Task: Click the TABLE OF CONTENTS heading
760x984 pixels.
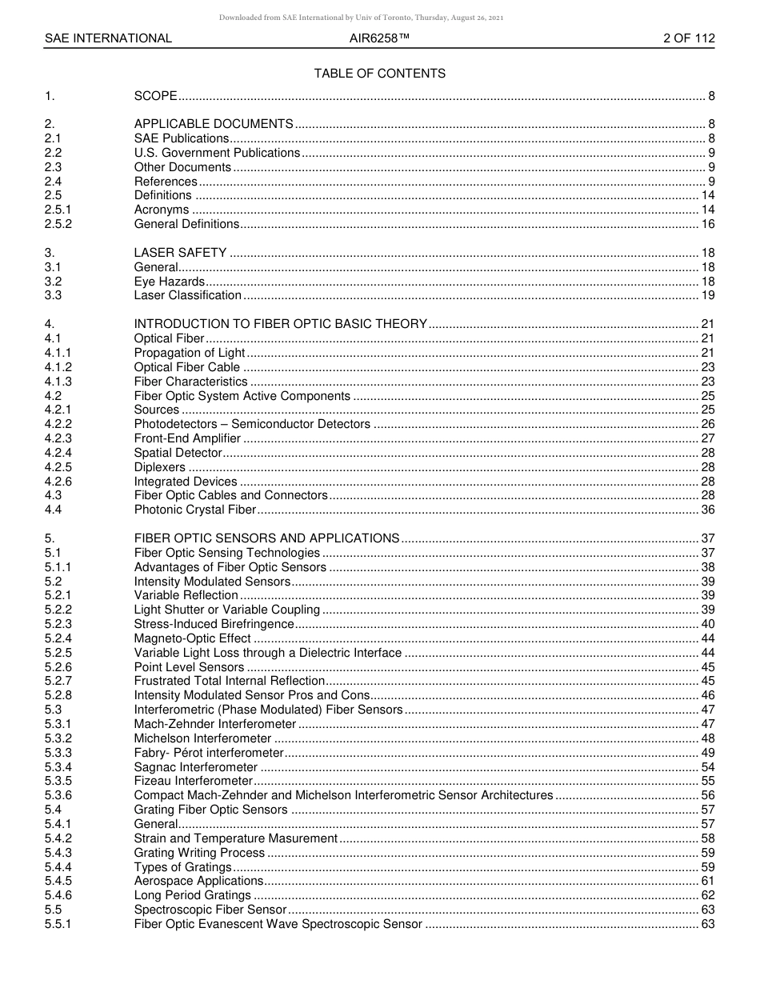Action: point(379,74)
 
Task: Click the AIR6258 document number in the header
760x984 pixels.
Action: point(379,38)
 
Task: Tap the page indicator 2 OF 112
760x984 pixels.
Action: point(689,38)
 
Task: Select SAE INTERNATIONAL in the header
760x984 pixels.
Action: point(108,38)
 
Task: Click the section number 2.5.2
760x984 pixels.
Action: point(58,224)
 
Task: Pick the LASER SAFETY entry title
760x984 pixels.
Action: point(180,253)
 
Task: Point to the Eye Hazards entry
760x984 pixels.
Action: point(169,282)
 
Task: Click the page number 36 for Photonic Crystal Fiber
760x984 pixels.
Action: point(707,510)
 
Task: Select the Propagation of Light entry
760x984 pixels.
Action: point(190,353)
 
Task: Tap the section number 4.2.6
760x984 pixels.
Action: point(58,482)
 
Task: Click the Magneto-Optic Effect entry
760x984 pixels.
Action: point(192,638)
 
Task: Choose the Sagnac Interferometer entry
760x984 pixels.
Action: point(195,767)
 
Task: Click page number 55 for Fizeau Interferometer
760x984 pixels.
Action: point(707,781)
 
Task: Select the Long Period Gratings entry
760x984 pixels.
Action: point(192,895)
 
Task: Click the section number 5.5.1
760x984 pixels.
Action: point(58,924)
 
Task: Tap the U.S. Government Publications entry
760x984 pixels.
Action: point(217,153)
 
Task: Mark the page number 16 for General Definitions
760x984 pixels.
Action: point(707,224)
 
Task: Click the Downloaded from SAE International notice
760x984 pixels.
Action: point(361,17)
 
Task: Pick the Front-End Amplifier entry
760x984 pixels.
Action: point(187,438)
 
